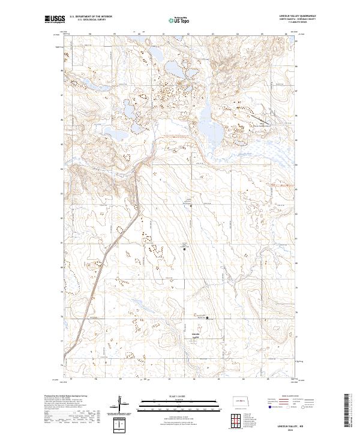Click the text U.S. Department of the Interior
click(x=91, y=16)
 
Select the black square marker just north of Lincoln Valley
click(x=208, y=319)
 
